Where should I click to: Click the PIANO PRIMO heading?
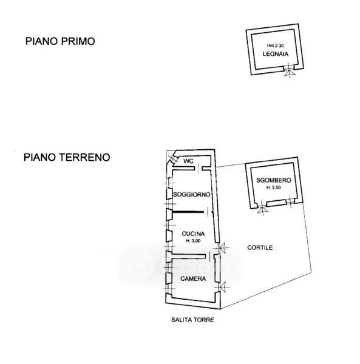[x=60, y=41]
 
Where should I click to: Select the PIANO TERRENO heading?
[x=67, y=157]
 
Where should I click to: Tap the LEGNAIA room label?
[x=276, y=54]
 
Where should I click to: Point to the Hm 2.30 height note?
[x=275, y=45]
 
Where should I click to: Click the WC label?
[x=188, y=161]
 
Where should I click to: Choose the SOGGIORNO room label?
[x=192, y=195]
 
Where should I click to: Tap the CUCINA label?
[x=193, y=234]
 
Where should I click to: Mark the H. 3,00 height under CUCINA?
[x=193, y=241]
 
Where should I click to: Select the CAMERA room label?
[x=193, y=278]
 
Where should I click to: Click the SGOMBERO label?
[x=274, y=180]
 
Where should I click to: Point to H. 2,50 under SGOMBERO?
[x=274, y=187]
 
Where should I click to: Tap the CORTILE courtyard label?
[x=260, y=248]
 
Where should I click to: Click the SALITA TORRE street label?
[x=192, y=320]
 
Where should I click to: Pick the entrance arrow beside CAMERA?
[x=223, y=287]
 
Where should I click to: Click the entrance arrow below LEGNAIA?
[x=290, y=73]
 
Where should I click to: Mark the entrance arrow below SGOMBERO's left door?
[x=263, y=210]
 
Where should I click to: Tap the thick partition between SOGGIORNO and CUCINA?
[x=188, y=212]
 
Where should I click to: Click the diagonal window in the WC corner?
[x=173, y=160]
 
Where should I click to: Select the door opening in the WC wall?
[x=199, y=168]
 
